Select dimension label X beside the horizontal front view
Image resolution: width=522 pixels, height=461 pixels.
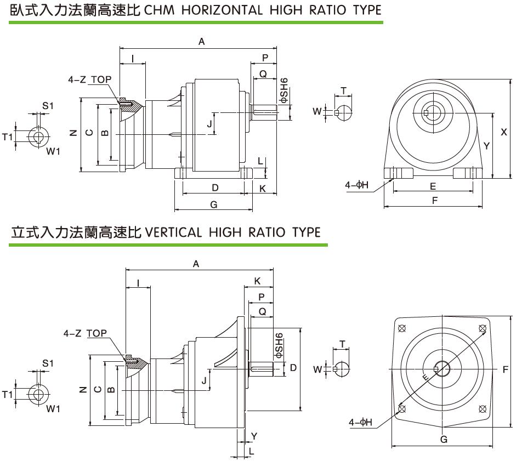tap(504, 132)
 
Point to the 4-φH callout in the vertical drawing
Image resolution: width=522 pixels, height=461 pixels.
tap(360, 422)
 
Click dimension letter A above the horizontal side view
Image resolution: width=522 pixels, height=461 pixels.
tap(201, 41)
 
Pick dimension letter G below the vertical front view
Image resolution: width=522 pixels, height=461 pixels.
tap(444, 439)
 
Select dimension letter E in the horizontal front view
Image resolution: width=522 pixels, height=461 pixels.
tap(433, 186)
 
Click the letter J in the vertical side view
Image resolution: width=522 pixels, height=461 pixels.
tap(203, 380)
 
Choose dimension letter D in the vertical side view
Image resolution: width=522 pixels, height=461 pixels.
tap(293, 367)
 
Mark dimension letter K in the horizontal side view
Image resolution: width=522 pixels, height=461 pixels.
tap(263, 188)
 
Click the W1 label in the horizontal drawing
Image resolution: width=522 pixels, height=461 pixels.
tap(53, 151)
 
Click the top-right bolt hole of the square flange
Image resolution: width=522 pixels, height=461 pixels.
tap(483, 329)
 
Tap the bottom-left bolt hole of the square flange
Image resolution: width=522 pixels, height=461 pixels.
tap(402, 409)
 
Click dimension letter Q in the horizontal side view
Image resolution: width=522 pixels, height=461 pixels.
tap(263, 73)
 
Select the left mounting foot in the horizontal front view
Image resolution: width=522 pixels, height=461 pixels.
tap(399, 173)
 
